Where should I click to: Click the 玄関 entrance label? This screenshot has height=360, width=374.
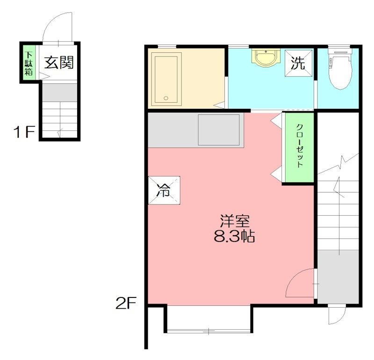pyautogui.click(x=59, y=63)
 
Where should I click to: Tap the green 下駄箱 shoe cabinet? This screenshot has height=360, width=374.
pyautogui.click(x=29, y=62)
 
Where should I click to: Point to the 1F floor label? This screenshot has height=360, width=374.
pyautogui.click(x=24, y=132)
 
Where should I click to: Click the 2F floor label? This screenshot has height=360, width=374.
pyautogui.click(x=126, y=303)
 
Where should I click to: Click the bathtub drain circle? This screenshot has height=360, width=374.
pyautogui.click(x=166, y=98)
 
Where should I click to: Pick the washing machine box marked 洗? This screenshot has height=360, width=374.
pyautogui.click(x=298, y=63)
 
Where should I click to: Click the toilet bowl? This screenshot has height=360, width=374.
pyautogui.click(x=340, y=69)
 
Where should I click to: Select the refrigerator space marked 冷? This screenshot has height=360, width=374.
pyautogui.click(x=164, y=190)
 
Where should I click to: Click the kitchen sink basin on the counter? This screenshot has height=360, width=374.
pyautogui.click(x=219, y=130)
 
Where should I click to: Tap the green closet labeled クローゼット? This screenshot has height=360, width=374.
pyautogui.click(x=299, y=147)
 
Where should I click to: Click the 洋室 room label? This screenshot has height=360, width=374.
pyautogui.click(x=235, y=221)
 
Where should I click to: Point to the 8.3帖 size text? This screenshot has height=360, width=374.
pyautogui.click(x=234, y=236)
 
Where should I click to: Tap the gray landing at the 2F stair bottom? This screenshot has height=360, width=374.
pyautogui.click(x=338, y=277)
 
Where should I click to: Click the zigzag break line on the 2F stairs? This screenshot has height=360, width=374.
pyautogui.click(x=338, y=164)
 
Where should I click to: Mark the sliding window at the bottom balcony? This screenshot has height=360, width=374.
pyautogui.click(x=209, y=331)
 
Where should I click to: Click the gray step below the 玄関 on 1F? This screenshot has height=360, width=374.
pyautogui.click(x=60, y=92)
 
